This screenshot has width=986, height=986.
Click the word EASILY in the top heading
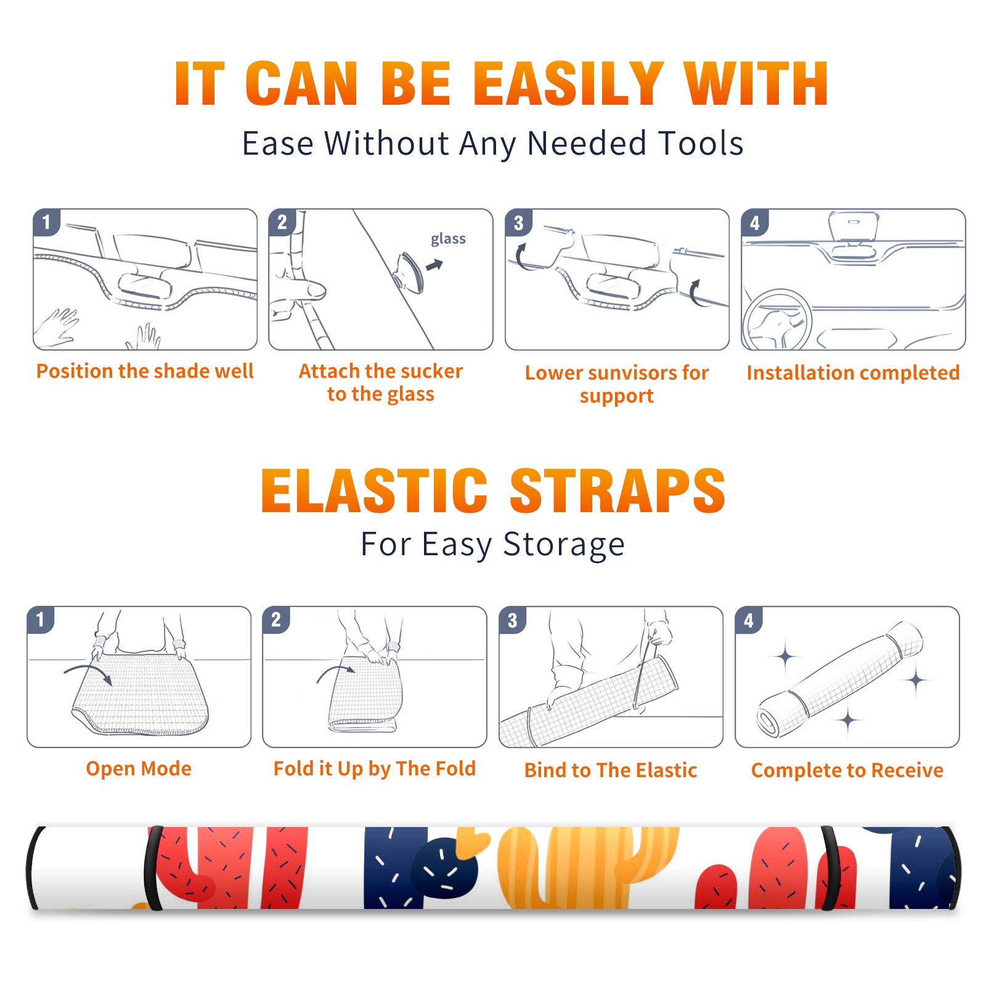point(568,84)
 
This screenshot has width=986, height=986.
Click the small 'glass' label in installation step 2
point(448,239)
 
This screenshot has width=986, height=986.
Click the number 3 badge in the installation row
point(518,223)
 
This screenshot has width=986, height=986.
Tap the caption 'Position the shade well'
point(145,371)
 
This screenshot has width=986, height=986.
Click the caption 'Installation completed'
point(853,373)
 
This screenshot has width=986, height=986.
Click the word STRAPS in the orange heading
point(617,491)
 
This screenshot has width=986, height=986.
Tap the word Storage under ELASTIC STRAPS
point(564,545)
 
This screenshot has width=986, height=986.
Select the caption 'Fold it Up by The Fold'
point(375,768)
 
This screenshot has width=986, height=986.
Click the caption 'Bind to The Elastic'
point(611,770)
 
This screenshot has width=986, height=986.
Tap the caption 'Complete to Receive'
point(847,770)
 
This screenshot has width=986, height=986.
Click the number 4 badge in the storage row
point(749,620)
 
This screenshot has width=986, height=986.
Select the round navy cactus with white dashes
point(445,869)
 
